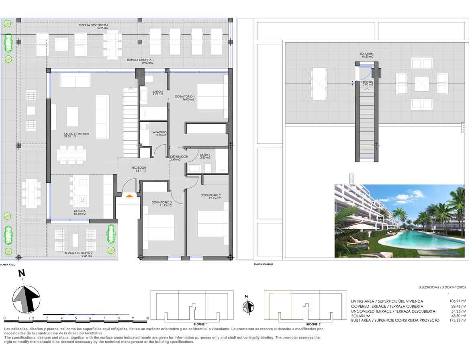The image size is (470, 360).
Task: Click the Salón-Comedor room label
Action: coord(76,135)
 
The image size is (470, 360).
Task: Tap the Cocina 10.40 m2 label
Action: coord(80,212)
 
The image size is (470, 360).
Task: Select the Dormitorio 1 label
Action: coord(185,98)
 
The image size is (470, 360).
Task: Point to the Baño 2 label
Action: coord(157,93)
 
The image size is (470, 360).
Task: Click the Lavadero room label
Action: coord(159,134)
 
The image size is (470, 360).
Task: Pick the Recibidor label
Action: coord(139,169)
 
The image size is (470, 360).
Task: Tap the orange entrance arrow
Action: coord(129,196)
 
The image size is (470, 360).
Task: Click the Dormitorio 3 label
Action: coord(162,204)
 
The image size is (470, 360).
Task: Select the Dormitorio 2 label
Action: coord(211,196)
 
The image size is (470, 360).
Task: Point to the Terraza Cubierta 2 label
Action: coord(78,254)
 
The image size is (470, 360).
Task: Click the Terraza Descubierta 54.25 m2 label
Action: coord(94,27)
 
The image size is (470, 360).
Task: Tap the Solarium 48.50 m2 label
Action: coord(367,55)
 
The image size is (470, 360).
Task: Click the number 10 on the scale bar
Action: coord(147,318)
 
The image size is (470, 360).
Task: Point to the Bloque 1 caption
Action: coord(200,324)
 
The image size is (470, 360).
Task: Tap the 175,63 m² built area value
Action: coord(458,321)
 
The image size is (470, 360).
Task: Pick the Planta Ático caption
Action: coord(8,265)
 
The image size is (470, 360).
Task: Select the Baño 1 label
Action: coord(205,156)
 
